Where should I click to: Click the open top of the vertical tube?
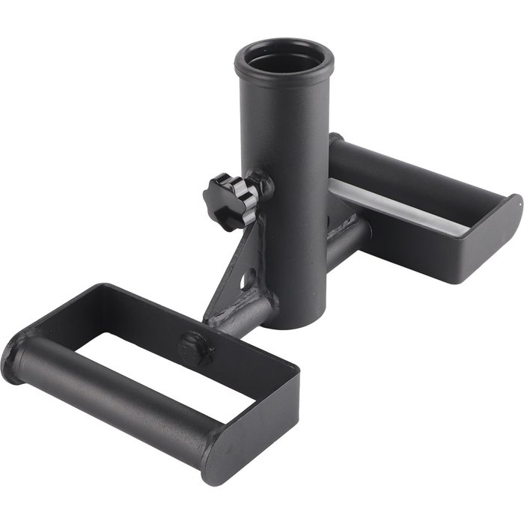pyautogui.click(x=272, y=59)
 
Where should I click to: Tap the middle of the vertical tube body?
pyautogui.click(x=288, y=187)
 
